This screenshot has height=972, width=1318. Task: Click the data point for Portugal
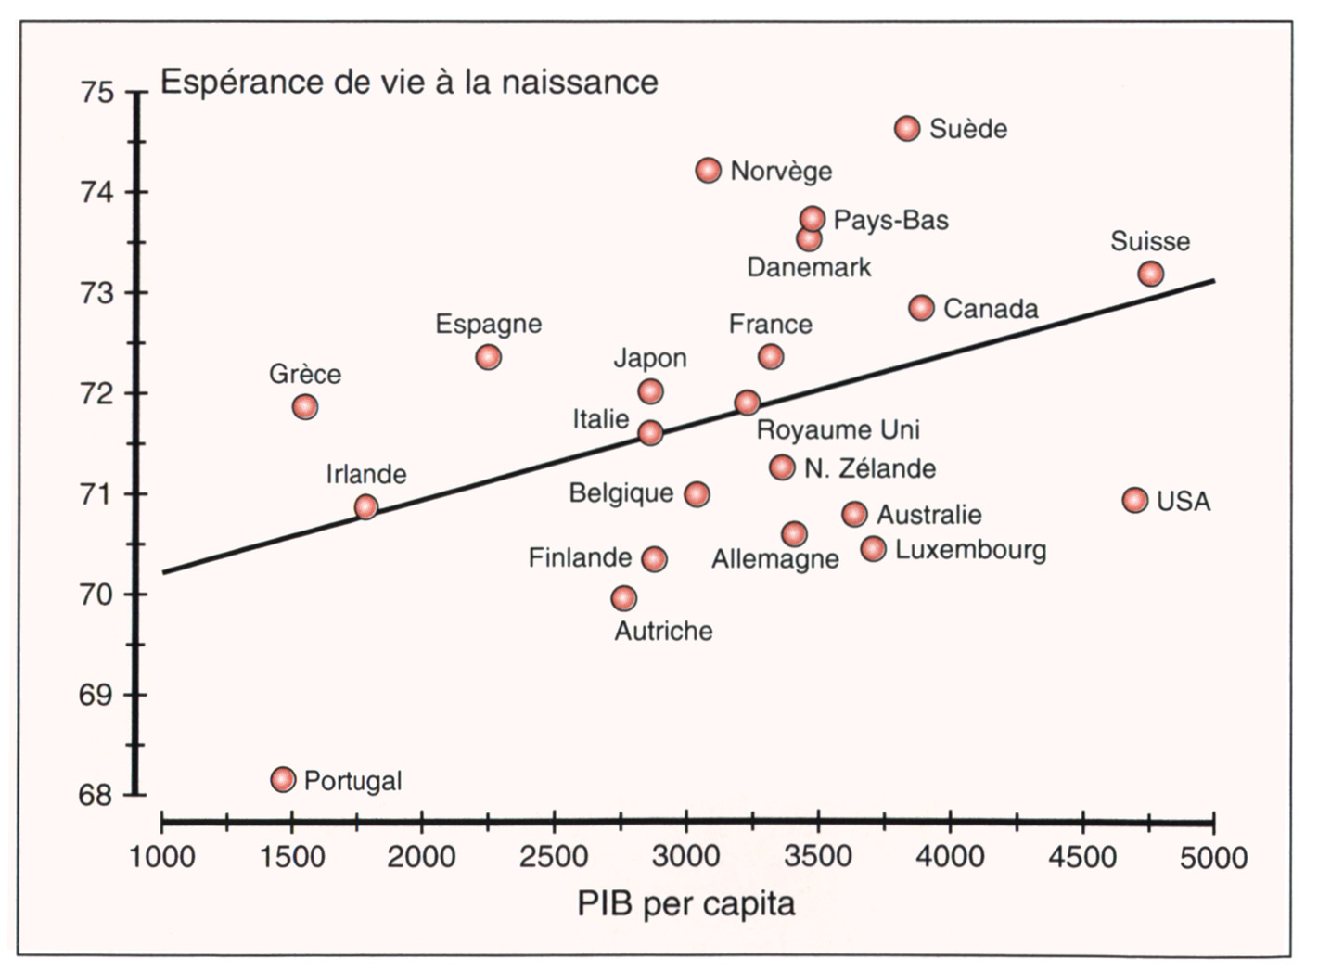click(283, 779)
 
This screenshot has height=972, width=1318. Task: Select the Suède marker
click(907, 128)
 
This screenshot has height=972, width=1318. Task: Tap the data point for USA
click(1134, 500)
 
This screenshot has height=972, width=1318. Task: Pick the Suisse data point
click(1150, 274)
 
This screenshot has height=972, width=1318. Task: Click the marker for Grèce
click(304, 406)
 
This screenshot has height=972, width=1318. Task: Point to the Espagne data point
click(488, 357)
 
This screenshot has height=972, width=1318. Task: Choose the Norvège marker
click(708, 171)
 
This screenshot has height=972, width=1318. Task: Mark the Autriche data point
click(624, 598)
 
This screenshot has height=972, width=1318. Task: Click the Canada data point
click(921, 308)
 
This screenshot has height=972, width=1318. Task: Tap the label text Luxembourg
click(970, 550)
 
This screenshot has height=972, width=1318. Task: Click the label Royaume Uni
click(838, 429)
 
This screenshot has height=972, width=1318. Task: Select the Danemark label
click(809, 268)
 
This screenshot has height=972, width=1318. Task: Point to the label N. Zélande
click(870, 468)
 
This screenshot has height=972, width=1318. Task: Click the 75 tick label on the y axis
click(96, 93)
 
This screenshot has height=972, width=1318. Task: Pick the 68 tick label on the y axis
click(96, 795)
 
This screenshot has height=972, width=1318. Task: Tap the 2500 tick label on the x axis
click(554, 857)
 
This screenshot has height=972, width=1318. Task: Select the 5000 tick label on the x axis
click(1213, 857)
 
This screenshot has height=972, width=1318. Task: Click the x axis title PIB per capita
click(686, 903)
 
